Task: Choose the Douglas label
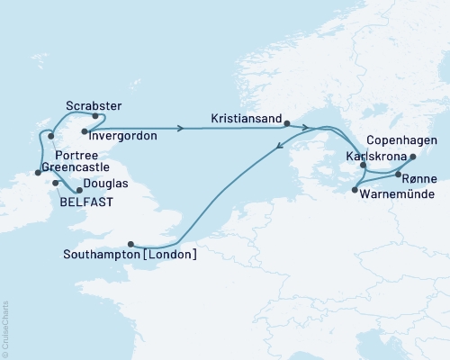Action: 106,184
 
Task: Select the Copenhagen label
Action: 403,141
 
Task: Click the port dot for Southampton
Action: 132,243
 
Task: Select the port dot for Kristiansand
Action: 285,124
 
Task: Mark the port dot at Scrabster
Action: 95,116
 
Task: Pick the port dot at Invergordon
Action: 84,131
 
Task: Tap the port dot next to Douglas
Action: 78,189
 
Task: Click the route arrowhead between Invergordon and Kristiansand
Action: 181,128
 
